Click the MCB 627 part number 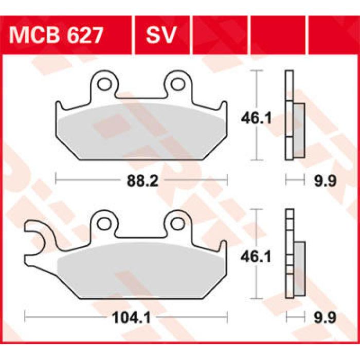click(x=56, y=35)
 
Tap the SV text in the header click(x=161, y=35)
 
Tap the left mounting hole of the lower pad click(x=105, y=222)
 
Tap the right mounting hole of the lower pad click(x=177, y=222)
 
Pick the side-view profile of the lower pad click(x=293, y=255)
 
